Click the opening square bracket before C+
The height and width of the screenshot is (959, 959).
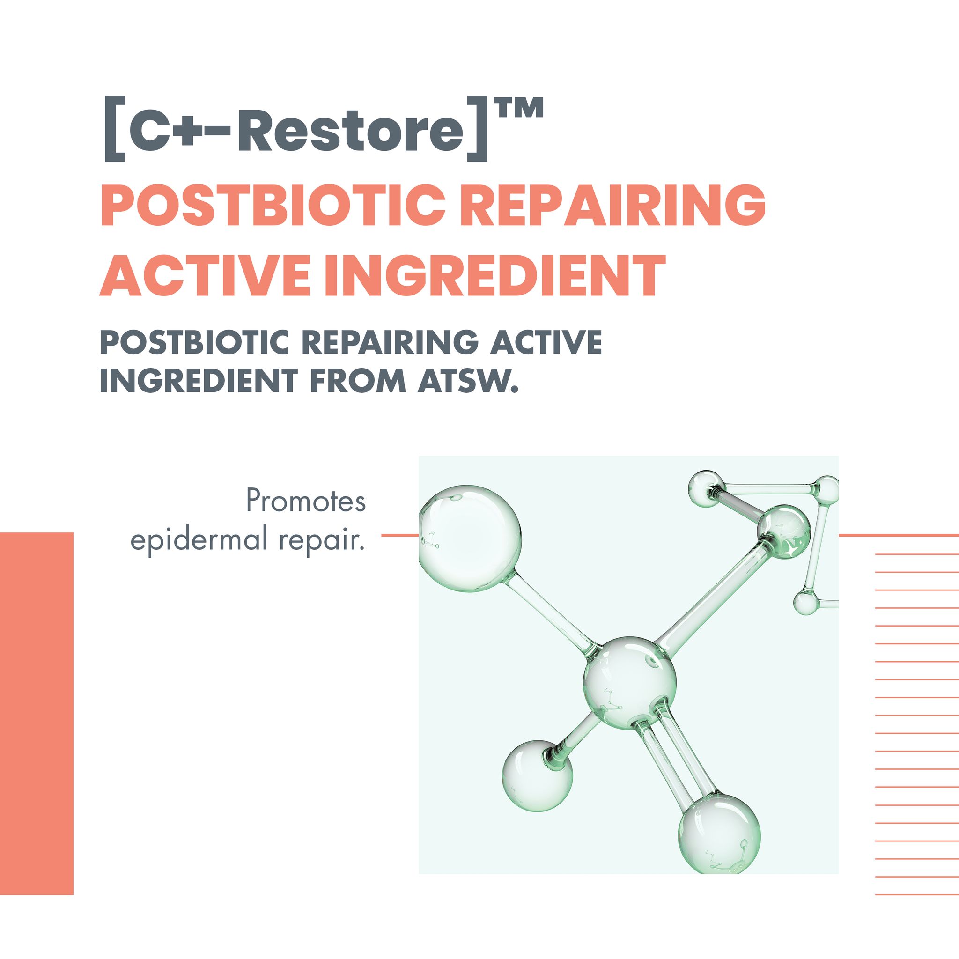115,130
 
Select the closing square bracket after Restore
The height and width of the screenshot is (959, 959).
477,130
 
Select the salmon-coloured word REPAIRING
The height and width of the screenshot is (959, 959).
612,205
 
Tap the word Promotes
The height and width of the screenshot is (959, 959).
306,501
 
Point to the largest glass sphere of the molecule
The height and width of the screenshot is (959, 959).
469,539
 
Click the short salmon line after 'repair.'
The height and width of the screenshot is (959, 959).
400,535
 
